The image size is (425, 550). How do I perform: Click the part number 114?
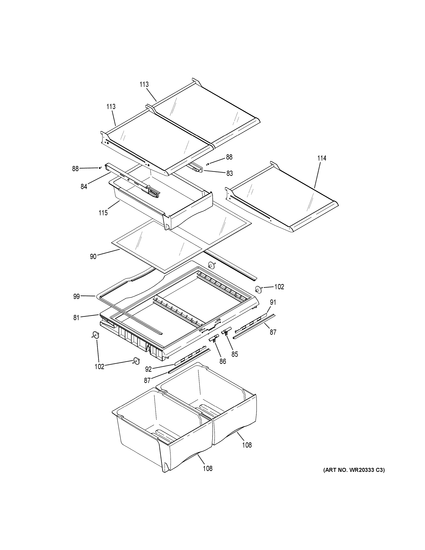pyautogui.click(x=322, y=158)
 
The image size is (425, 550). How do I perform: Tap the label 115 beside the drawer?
pyautogui.click(x=103, y=213)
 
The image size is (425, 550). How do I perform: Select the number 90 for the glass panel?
pyautogui.click(x=93, y=257)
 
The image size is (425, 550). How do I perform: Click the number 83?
pyautogui.click(x=229, y=173)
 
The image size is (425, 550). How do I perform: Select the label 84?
pyautogui.click(x=84, y=187)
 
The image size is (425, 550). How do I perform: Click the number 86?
pyautogui.click(x=223, y=361)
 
